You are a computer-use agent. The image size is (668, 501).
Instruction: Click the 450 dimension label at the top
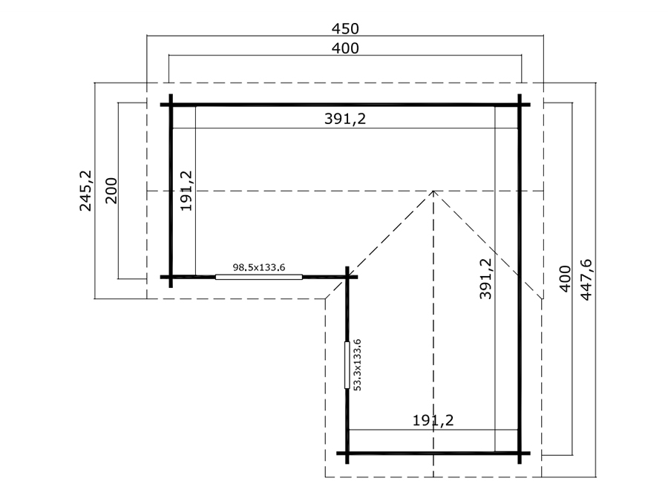pos(345,28)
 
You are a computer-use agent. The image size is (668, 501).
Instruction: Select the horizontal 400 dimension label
pos(345,48)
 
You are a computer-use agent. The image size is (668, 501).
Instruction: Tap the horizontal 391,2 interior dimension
pos(345,119)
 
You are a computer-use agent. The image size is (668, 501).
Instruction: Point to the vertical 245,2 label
pos(85,191)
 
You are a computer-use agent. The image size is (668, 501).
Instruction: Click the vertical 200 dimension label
pos(111,191)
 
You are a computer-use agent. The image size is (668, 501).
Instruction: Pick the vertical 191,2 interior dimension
pos(186,191)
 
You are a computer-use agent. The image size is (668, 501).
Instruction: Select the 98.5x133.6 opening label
pos(259,267)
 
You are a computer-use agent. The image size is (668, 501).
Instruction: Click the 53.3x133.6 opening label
pos(358,364)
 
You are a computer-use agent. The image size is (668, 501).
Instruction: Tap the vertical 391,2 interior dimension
pos(485,278)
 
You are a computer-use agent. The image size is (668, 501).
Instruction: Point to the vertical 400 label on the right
pos(565,278)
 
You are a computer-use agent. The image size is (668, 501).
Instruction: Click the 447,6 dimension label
pos(586,280)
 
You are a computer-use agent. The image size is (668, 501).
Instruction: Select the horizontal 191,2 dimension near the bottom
pos(433,421)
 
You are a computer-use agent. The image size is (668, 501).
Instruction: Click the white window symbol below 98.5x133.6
pos(259,277)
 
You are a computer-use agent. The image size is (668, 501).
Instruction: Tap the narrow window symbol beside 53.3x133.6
pos(347,365)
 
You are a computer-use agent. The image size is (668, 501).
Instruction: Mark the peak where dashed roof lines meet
pos(433,191)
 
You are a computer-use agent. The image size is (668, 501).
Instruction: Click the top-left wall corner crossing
pos(171,105)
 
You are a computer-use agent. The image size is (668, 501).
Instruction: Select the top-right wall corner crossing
pos(520,105)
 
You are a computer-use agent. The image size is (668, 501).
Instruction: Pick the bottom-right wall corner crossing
pos(520,453)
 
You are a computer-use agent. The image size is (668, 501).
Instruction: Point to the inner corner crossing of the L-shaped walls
pos(347,277)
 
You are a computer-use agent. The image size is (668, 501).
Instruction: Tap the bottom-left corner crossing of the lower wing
pos(347,453)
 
